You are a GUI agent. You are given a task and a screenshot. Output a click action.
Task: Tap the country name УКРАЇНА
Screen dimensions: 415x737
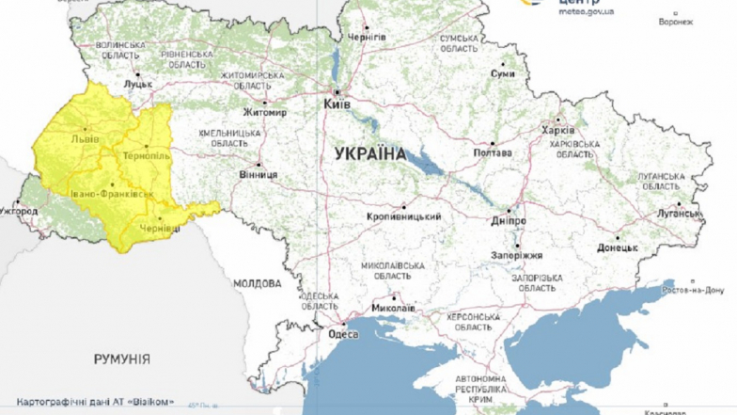(369, 153)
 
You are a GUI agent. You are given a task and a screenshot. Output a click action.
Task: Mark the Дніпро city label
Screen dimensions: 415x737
(509, 221)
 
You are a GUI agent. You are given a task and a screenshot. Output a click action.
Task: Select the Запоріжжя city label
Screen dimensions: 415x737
(516, 255)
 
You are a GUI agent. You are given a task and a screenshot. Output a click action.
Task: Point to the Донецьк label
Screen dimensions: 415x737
(617, 248)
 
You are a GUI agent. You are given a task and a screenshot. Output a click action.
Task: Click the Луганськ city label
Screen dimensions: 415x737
(679, 214)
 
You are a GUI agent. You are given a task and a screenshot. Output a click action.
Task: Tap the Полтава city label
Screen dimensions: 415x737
(493, 153)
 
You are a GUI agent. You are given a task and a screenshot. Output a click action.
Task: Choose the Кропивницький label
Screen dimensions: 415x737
(404, 216)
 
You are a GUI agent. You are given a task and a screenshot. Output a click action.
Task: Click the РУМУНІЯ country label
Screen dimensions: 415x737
(121, 359)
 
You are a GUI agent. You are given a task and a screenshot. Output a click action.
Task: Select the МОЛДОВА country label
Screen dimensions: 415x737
(256, 283)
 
